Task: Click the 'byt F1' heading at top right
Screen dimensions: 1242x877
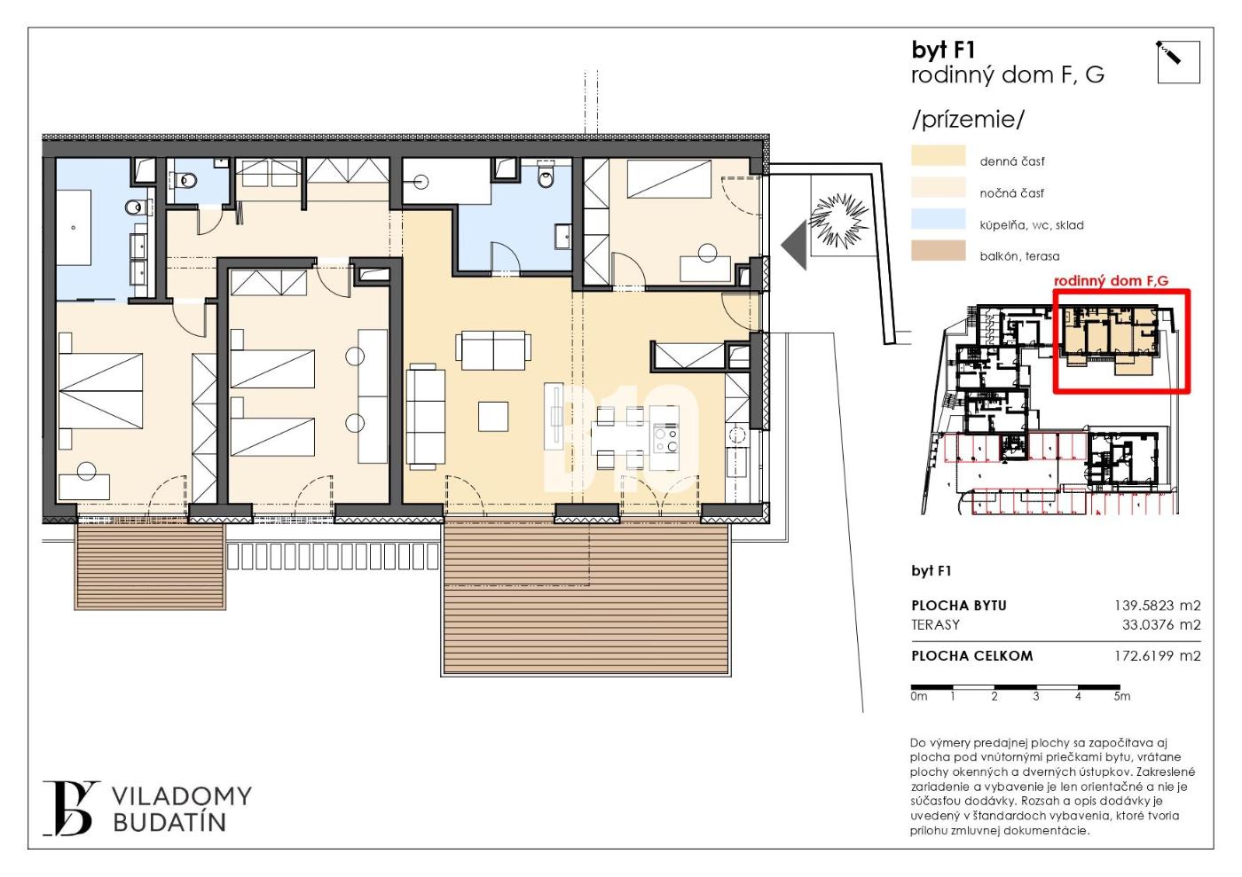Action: pyautogui.click(x=943, y=51)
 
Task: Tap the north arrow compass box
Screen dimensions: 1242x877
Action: pyautogui.click(x=1179, y=62)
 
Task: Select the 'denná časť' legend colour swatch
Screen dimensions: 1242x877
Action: pyautogui.click(x=939, y=156)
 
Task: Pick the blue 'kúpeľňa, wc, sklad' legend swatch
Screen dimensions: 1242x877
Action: pyautogui.click(x=939, y=219)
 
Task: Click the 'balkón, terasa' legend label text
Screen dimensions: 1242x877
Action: pyautogui.click(x=1019, y=256)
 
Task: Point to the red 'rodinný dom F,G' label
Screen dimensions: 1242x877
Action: pyautogui.click(x=1111, y=281)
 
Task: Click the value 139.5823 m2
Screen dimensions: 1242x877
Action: pyautogui.click(x=1157, y=606)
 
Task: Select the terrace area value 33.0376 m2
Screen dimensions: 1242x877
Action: pyautogui.click(x=1161, y=625)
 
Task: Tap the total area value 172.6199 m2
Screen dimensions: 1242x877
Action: pyautogui.click(x=1157, y=656)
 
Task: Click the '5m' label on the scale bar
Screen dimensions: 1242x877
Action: pyautogui.click(x=1121, y=696)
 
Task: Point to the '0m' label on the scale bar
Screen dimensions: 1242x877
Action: pyautogui.click(x=919, y=696)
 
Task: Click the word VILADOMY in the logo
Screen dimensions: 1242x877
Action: pyautogui.click(x=183, y=796)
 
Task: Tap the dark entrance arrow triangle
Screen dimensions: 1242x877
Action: pyautogui.click(x=794, y=245)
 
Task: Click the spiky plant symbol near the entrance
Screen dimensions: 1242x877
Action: pyautogui.click(x=839, y=220)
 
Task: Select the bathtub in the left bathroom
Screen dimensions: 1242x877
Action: pyautogui.click(x=74, y=228)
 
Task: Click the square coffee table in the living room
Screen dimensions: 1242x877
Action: pyautogui.click(x=493, y=416)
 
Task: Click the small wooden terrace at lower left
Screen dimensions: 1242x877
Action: pyautogui.click(x=150, y=566)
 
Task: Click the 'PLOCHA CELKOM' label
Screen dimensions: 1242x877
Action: pyautogui.click(x=972, y=656)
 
